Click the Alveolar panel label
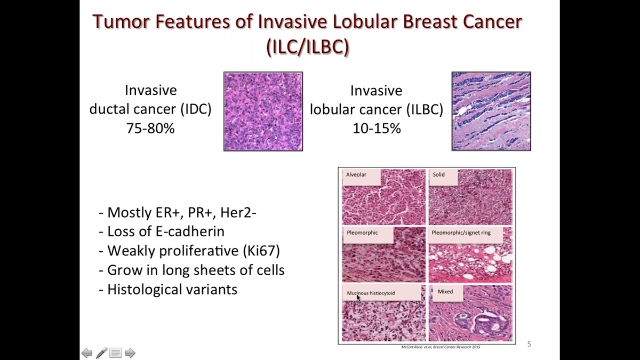point(356,174)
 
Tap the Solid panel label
point(438,174)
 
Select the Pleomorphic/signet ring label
point(461,233)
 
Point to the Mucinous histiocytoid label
point(371,293)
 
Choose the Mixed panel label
point(445,291)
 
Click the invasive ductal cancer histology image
point(263,111)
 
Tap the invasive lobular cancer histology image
point(491,111)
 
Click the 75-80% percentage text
point(150,129)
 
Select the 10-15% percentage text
point(377,129)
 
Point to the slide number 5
point(529,344)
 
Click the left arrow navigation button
point(87,353)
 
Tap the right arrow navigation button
point(130,353)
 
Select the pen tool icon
point(101,353)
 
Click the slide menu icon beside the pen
point(116,353)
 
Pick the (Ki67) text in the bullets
point(261,251)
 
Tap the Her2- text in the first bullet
point(238,212)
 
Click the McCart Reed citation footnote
point(441,347)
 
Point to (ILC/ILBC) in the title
point(308,46)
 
